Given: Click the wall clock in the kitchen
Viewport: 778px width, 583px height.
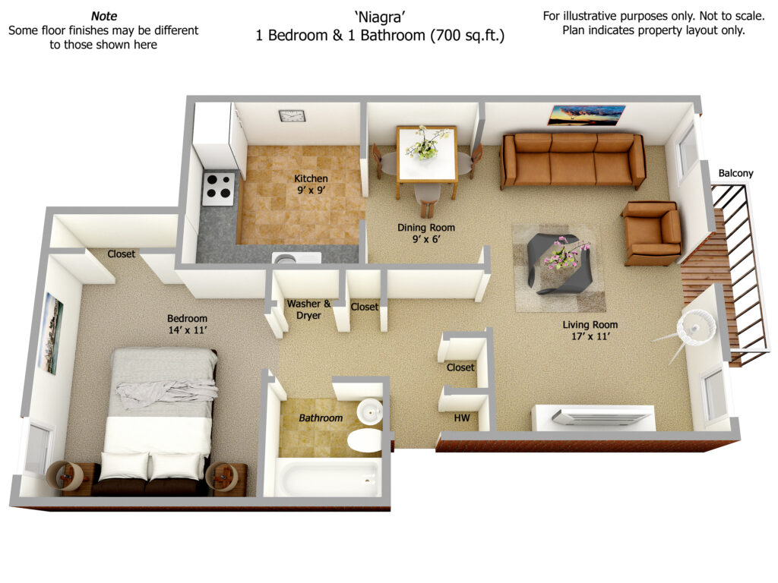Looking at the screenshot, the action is pos(292,116).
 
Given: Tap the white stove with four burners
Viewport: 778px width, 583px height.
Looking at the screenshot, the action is pos(218,188).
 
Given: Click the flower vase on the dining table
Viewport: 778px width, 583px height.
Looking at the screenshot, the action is pos(426,143).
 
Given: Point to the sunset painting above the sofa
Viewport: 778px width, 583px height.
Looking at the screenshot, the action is pos(586,115).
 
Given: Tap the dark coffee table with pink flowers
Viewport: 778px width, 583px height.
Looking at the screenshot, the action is pos(558,261).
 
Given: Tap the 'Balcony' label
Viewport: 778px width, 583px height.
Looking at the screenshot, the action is pos(735,173).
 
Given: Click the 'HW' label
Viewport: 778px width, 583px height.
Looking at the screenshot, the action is pos(462,418).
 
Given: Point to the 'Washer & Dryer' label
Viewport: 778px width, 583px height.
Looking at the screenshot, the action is pos(308,310).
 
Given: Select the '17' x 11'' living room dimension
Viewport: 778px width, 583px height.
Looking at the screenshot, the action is pos(590,336).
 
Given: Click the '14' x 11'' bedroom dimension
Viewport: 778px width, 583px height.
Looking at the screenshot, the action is pos(188,330).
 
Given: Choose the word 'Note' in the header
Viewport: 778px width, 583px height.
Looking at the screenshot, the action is pos(104,16).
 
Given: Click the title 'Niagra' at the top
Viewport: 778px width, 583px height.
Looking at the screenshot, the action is pos(380,17).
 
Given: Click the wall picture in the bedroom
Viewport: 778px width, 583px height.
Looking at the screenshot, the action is pos(51,332).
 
